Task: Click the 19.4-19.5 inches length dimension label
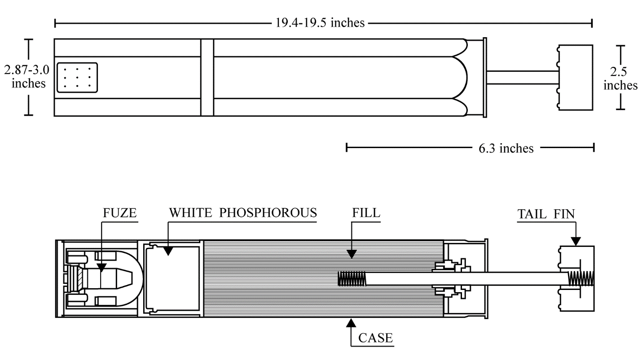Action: pyautogui.click(x=320, y=23)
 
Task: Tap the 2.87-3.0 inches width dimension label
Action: pyautogui.click(x=27, y=76)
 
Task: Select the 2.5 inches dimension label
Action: pyautogui.click(x=620, y=78)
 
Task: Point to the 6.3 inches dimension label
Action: pyautogui.click(x=506, y=148)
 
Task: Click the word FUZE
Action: pyautogui.click(x=120, y=213)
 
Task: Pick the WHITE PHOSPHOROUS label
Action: pyautogui.click(x=243, y=213)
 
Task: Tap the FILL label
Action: pyautogui.click(x=366, y=213)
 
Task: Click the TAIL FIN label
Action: pyautogui.click(x=546, y=214)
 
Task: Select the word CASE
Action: pyautogui.click(x=375, y=338)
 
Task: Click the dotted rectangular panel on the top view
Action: pyautogui.click(x=77, y=78)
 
